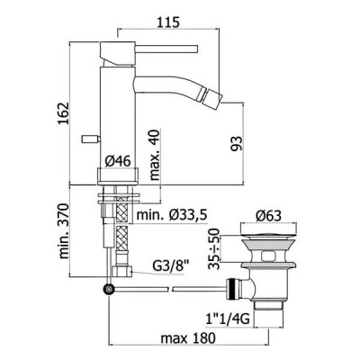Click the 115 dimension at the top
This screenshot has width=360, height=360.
point(168,22)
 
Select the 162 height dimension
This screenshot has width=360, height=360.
point(63,113)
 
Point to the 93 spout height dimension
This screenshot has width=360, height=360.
point(236,144)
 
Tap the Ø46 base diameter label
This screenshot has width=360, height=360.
point(118,162)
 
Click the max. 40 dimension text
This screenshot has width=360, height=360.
point(155,155)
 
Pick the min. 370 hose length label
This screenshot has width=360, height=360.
point(64,231)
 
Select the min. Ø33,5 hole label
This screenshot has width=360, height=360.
point(172,215)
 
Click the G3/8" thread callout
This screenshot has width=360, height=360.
point(171,265)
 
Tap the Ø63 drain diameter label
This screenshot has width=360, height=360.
point(269,216)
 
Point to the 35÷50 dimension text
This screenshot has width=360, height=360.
point(215,248)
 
